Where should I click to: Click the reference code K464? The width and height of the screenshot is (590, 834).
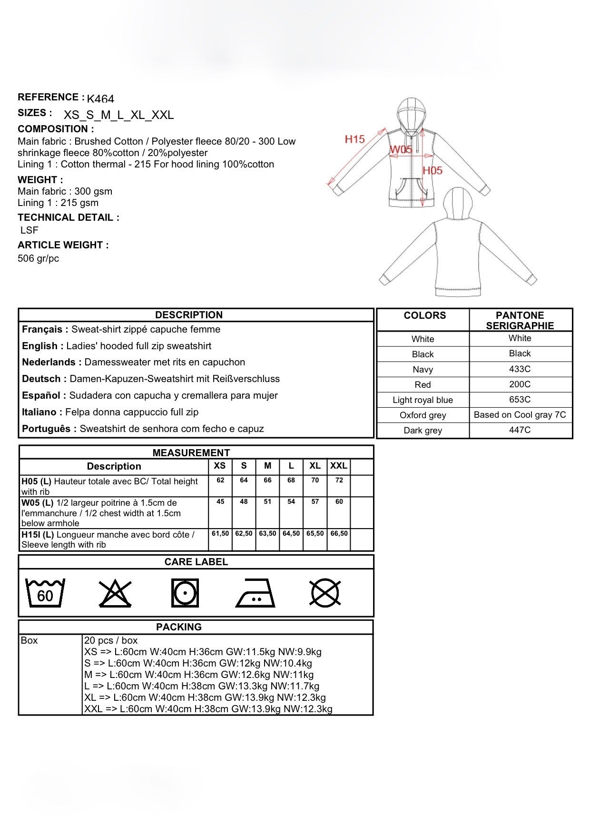tap(100, 99)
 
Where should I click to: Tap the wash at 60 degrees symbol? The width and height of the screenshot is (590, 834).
tap(45, 593)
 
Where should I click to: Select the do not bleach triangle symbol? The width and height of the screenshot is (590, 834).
tap(115, 593)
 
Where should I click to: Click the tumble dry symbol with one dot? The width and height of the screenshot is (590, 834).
tap(185, 593)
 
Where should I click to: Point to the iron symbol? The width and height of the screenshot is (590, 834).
tap(256, 593)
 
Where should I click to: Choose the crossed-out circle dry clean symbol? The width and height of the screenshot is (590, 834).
tap(325, 593)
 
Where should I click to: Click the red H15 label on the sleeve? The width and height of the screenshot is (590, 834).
tap(354, 139)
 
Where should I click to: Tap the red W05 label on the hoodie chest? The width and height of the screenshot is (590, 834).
tap(401, 149)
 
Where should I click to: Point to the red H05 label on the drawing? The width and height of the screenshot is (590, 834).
tap(433, 170)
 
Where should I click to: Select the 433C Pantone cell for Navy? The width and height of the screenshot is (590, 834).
tap(520, 369)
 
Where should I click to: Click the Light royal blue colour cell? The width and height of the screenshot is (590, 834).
tap(423, 400)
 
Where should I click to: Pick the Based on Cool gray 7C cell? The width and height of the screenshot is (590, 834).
tap(520, 415)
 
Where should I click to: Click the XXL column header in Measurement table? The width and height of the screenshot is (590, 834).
tap(339, 466)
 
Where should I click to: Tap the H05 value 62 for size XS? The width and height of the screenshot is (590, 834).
tap(220, 481)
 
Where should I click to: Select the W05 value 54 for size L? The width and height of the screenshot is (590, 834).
tap(291, 502)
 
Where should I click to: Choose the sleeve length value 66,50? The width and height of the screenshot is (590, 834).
tap(339, 534)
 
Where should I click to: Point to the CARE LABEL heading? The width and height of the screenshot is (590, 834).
tap(196, 562)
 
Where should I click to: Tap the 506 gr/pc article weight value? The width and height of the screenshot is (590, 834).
tap(38, 259)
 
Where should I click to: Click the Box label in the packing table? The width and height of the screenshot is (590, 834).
tap(29, 641)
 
